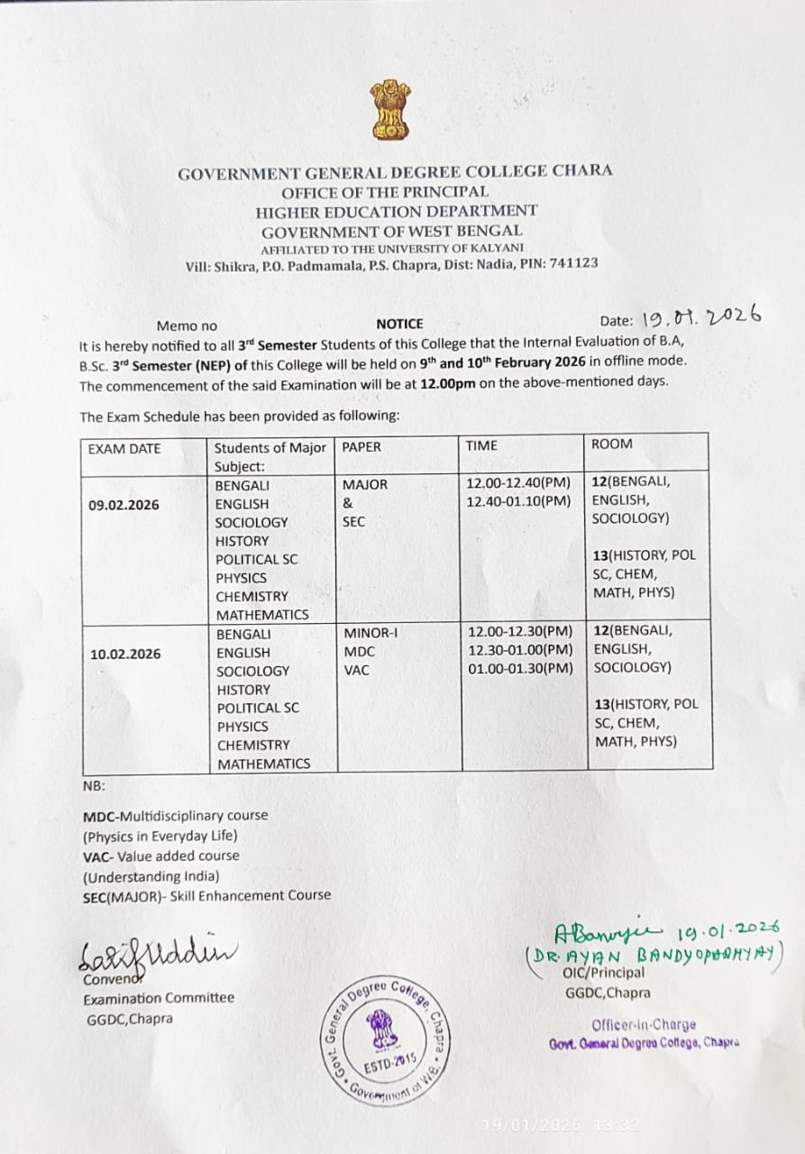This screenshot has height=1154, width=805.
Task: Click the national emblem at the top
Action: click(389, 110)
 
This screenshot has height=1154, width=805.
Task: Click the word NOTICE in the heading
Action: click(399, 324)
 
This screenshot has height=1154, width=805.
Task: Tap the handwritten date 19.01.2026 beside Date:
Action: click(701, 317)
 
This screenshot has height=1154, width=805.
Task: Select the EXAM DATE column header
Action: click(124, 448)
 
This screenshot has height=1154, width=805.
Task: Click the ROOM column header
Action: click(612, 444)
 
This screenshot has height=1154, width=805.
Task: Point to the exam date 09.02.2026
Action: click(123, 505)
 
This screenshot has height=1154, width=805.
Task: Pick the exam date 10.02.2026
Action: click(125, 654)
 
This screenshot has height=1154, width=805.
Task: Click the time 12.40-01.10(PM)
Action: click(518, 501)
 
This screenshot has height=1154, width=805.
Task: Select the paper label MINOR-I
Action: click(370, 632)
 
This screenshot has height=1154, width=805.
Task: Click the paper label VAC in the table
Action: click(356, 670)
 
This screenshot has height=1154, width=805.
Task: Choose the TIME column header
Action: click(481, 444)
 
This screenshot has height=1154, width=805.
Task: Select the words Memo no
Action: click(187, 326)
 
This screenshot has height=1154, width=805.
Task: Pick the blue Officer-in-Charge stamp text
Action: click(644, 1024)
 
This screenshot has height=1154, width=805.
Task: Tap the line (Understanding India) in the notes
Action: click(151, 875)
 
